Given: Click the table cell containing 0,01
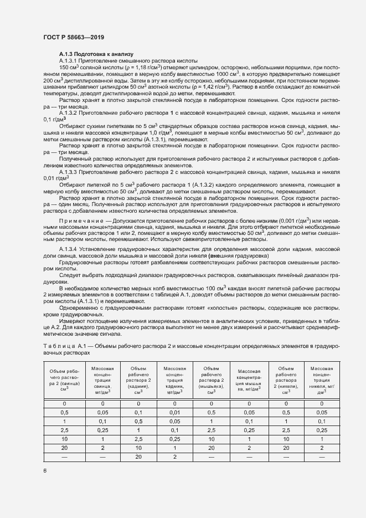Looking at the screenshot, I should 174,413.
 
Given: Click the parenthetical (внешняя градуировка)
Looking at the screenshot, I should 237,257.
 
